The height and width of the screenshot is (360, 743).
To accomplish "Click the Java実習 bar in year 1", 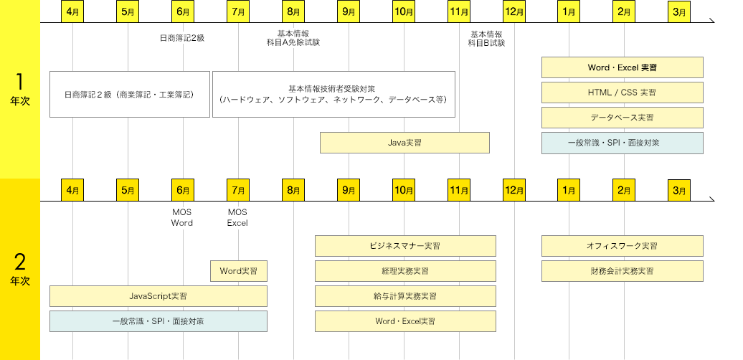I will [x=404, y=143].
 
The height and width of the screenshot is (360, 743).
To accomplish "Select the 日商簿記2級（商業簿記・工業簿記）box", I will [x=130, y=94].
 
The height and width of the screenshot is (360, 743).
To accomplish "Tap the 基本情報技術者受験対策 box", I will [x=334, y=94].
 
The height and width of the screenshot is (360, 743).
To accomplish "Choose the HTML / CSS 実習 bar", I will [x=622, y=93].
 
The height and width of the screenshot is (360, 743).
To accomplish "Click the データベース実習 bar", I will [x=622, y=118].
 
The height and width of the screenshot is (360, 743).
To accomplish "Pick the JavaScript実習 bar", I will [x=158, y=296].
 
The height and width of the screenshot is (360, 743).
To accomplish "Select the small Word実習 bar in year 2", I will [x=239, y=271].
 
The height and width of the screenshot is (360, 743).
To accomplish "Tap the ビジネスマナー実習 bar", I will [x=405, y=246].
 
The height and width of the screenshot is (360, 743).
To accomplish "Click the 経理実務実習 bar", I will [x=405, y=271].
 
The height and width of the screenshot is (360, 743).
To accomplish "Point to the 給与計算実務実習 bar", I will [x=405, y=296].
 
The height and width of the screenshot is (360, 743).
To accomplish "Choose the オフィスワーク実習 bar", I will [x=622, y=246].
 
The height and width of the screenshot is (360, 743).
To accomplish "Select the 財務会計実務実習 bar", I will [x=622, y=271].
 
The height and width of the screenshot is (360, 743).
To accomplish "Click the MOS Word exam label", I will [x=182, y=217].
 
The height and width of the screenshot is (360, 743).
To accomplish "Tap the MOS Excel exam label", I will [x=237, y=217].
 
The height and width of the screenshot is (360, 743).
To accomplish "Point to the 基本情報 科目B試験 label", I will [x=486, y=39].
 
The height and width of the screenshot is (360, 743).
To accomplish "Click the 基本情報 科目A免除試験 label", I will [x=293, y=38].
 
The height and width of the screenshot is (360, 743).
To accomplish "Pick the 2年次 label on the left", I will [x=20, y=268].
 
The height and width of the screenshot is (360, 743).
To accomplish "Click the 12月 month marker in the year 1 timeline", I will [x=514, y=12].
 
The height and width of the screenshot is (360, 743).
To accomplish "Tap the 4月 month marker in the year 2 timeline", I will [x=72, y=191].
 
